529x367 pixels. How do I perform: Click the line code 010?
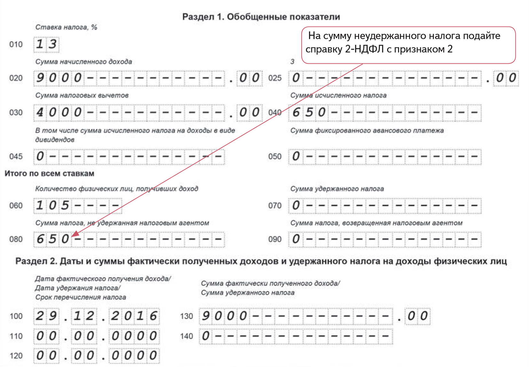pos(16,44)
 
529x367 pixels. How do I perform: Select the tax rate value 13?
pos(46,44)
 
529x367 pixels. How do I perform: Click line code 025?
pos(275,78)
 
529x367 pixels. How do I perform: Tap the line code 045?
pos(16,156)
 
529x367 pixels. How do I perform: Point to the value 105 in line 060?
pos(52,205)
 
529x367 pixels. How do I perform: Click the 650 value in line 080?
pos(52,239)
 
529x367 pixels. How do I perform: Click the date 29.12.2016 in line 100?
pos(96,316)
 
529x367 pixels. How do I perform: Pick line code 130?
pos(186,316)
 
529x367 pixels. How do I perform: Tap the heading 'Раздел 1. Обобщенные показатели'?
pos(261,17)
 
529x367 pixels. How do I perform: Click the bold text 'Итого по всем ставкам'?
pos(49,174)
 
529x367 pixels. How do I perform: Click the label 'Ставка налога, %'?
pos(66,27)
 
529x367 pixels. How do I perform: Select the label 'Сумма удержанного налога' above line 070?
pos(337,189)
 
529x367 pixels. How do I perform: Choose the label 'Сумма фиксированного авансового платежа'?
pos(367,131)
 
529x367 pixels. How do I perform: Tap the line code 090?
pos(275,239)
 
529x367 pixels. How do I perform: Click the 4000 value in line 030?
pos(59,113)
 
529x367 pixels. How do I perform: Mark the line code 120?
pos(16,356)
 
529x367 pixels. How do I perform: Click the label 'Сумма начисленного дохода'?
pos(83,62)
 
